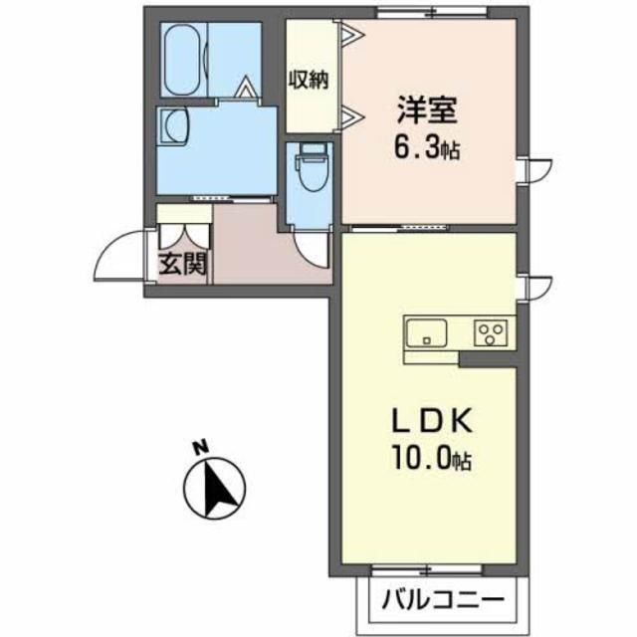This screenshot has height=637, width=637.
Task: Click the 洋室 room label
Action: pyautogui.click(x=422, y=107)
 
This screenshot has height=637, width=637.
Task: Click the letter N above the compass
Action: pyautogui.click(x=198, y=449)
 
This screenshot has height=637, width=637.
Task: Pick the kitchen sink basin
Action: pyautogui.click(x=429, y=331)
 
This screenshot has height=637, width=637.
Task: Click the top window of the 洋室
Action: pyautogui.click(x=432, y=14)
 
